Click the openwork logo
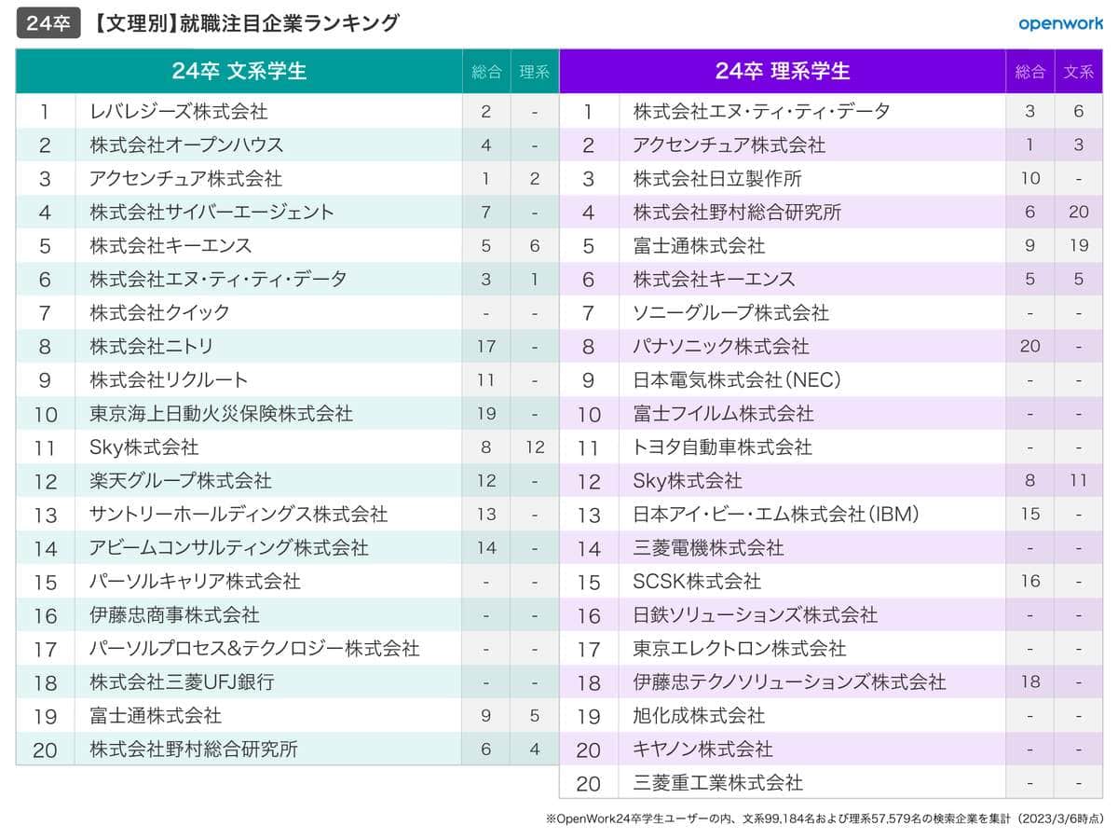(1060, 24)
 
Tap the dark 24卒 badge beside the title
(47, 23)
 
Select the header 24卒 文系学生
(239, 71)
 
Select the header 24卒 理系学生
(783, 71)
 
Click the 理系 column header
(534, 72)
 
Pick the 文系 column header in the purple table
(1078, 72)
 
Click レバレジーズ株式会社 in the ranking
(179, 112)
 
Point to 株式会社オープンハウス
(186, 145)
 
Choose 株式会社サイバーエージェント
(211, 213)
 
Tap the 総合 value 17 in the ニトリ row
(486, 347)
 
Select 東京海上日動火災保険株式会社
(221, 414)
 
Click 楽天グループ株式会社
(181, 481)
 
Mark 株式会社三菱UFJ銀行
(182, 682)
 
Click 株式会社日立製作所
(717, 179)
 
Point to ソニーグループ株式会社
(730, 313)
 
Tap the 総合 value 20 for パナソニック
(1029, 347)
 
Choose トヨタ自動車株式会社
(722, 447)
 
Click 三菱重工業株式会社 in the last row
(717, 783)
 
